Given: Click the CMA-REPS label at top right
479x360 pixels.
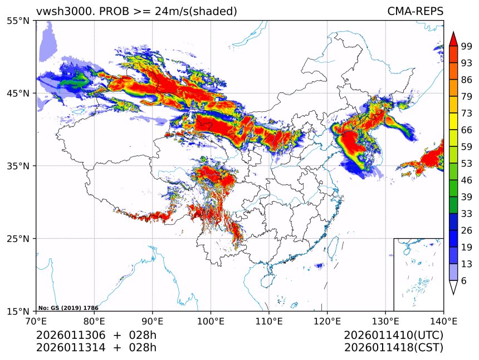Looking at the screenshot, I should [415, 12].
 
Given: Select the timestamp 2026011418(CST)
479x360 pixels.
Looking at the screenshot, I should [393, 348].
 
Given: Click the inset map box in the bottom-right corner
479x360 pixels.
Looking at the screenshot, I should [418, 274].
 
